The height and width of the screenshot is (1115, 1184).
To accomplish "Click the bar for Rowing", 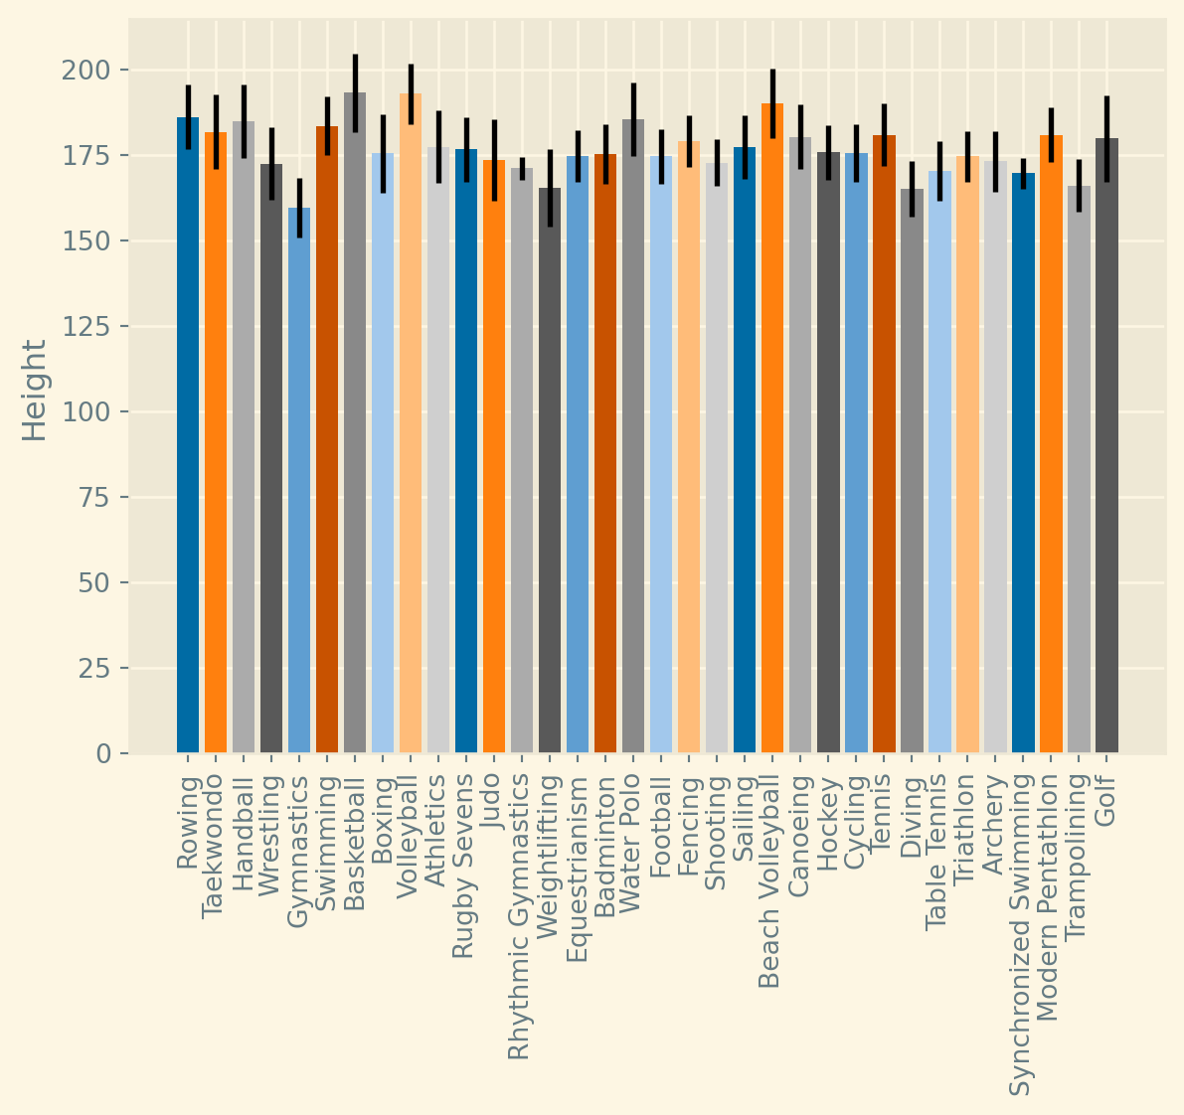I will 188,437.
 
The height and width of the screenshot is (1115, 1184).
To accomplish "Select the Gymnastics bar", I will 299,482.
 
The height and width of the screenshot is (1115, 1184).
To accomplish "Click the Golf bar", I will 1106,447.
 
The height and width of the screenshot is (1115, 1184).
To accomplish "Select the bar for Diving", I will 912,472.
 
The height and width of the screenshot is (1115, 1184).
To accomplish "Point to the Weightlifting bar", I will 550,472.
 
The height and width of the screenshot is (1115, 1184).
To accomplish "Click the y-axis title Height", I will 35,390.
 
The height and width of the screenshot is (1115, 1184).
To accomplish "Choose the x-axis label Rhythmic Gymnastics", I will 521,919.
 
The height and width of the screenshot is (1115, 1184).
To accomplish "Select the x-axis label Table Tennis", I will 938,855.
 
